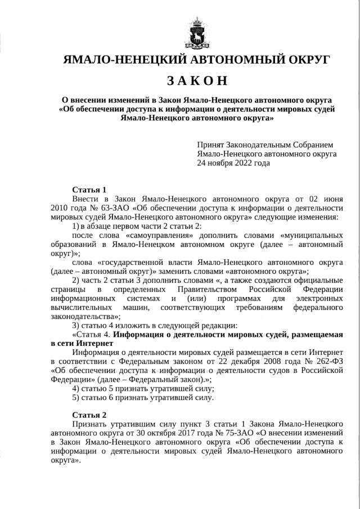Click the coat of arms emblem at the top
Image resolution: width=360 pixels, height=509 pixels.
point(197,33)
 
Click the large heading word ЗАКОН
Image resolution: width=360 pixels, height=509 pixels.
point(197,81)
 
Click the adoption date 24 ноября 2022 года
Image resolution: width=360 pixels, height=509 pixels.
point(233,163)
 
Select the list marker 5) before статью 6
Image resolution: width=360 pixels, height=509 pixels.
point(76,398)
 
